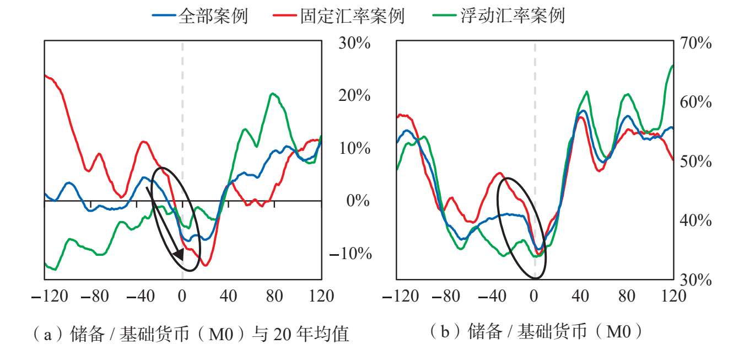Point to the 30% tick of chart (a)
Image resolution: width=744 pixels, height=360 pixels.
coord(354,43)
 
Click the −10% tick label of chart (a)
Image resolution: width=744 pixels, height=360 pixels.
coord(351,254)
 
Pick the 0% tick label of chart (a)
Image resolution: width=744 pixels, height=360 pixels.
coord(358,201)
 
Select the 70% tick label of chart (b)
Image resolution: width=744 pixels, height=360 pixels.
coord(696,43)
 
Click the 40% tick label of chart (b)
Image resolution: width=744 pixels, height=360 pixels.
coord(696,220)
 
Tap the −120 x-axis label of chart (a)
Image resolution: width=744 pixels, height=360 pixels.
coord(50,296)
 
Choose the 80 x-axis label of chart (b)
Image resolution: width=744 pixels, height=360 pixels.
coord(627,296)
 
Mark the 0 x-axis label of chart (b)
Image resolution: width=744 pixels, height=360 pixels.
coord(534,296)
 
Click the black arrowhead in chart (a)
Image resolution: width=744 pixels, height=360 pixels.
coord(179,255)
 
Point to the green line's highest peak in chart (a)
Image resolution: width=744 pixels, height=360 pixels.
coord(272,93)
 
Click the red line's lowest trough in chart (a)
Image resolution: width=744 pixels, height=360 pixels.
coord(205,265)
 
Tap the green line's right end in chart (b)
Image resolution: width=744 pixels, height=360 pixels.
coord(673,66)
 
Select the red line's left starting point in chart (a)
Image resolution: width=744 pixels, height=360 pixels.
coord(45,76)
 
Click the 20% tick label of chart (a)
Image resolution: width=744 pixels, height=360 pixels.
coord(354,96)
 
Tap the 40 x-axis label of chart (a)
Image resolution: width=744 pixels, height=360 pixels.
coord(228,296)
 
